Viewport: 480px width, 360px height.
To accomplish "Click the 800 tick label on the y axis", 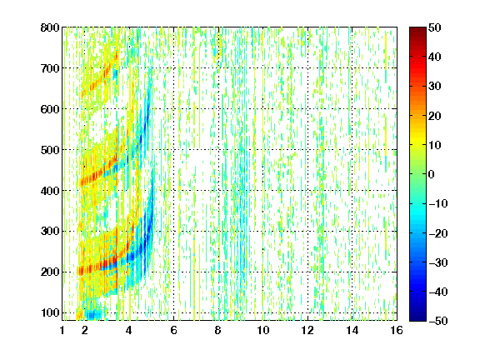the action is point(50,27).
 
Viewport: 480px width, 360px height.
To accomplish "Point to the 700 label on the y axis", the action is point(50,68).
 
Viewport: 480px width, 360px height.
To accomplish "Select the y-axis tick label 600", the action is point(50,109).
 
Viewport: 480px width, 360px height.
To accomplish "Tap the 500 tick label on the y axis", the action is point(50,150).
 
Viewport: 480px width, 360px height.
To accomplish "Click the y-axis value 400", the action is point(50,191).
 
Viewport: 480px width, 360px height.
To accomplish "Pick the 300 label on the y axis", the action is point(50,232).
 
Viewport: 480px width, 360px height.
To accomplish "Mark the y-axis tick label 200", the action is point(50,272).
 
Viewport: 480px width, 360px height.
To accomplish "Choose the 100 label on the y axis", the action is point(50,312).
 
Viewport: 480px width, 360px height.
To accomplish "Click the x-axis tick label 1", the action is point(62,330).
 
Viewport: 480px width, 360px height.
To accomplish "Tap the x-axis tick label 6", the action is point(174,330).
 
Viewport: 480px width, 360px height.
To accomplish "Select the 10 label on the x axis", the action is point(263,330).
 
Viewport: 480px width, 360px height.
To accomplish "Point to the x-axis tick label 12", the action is point(307,330).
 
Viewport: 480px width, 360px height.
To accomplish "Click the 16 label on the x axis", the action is point(397,330).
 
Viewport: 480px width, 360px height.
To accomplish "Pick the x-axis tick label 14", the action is point(352,330).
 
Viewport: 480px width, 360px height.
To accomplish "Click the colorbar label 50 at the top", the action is point(435,27).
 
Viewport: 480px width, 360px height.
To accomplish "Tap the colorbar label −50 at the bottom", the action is point(438,321).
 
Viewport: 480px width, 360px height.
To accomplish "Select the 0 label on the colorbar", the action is point(432,174).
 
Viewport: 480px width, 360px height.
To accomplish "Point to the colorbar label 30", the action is point(435,87).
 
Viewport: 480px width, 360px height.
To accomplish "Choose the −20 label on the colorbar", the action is point(438,233).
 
